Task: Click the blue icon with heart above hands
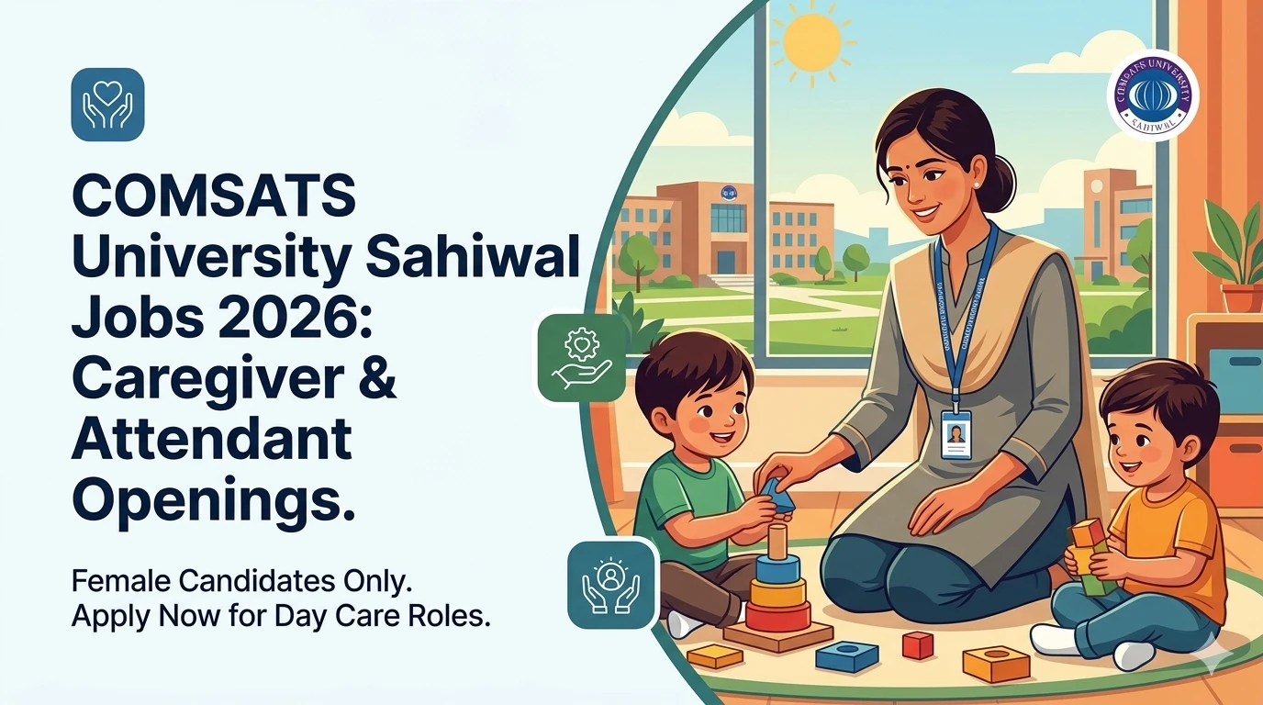107,105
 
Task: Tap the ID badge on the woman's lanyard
956,434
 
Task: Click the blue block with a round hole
846,655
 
